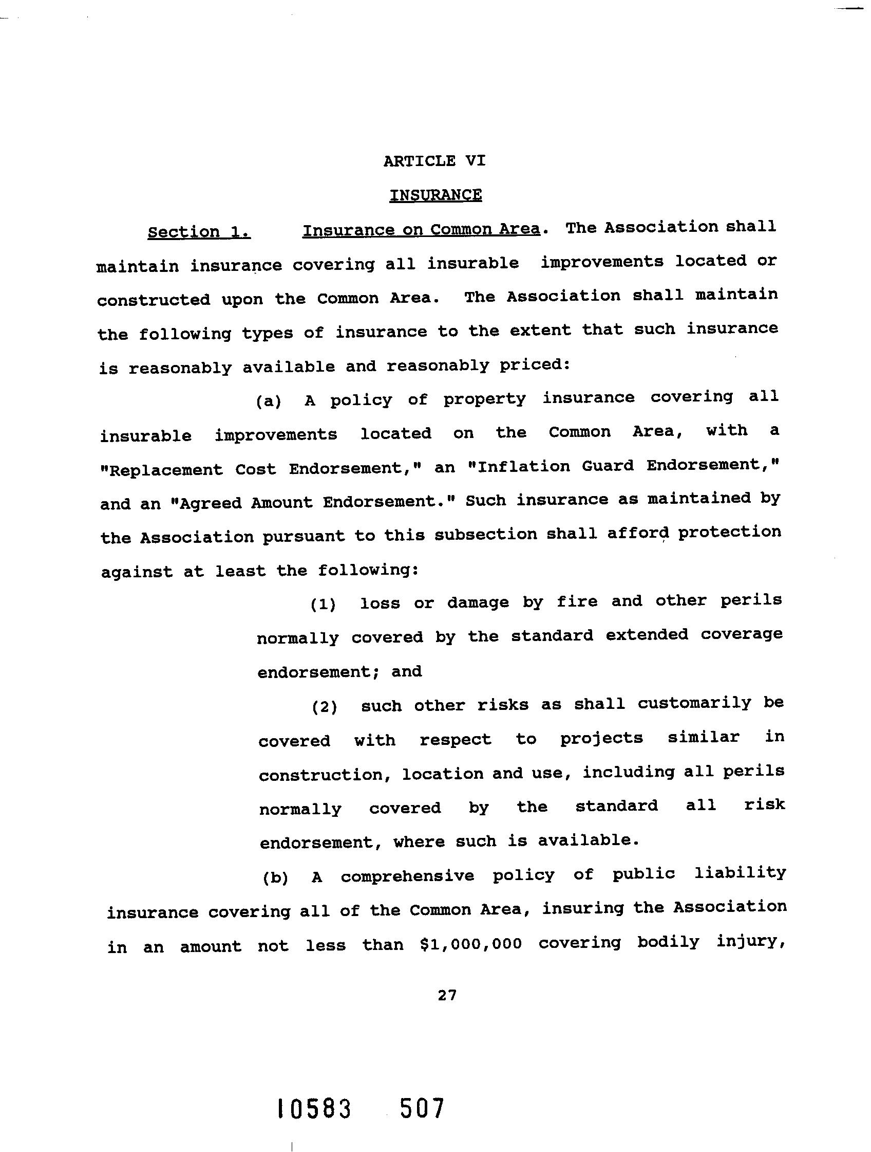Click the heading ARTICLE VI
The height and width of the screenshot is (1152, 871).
click(x=434, y=161)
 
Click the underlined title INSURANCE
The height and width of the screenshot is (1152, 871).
click(x=435, y=195)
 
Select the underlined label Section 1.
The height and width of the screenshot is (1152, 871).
click(x=199, y=232)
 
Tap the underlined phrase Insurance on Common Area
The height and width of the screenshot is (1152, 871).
click(x=421, y=230)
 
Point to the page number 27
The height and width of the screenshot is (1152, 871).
click(x=447, y=995)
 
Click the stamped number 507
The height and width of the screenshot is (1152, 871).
click(x=422, y=1108)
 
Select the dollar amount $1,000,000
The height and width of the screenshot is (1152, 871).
click(x=470, y=944)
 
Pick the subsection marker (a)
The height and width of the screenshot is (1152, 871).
click(x=269, y=401)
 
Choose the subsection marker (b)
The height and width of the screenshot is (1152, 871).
click(x=275, y=878)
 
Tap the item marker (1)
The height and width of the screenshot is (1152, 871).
click(x=323, y=604)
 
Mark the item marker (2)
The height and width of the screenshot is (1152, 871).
click(x=325, y=707)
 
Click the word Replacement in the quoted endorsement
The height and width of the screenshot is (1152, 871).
click(x=162, y=470)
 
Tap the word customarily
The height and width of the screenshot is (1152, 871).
click(x=695, y=703)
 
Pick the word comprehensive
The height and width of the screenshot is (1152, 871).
click(x=407, y=876)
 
